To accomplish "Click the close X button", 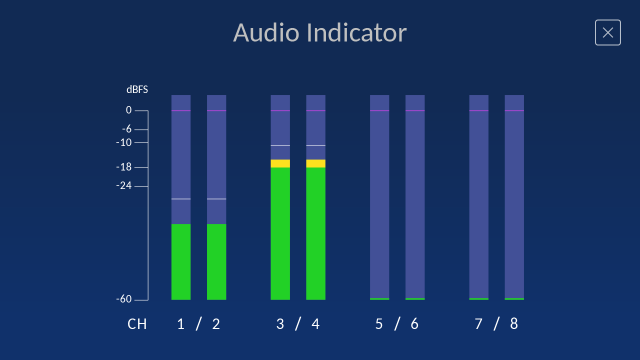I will coord(607,32).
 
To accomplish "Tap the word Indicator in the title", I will coord(356,32).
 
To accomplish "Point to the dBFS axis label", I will coord(137,89).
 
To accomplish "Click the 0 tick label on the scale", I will coord(129,110).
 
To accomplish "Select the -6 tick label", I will coord(127,129).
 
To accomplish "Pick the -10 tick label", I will coord(124,142).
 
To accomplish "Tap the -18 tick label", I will coord(124,167).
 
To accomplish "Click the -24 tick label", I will coord(124,185).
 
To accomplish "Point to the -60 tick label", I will coord(124,299).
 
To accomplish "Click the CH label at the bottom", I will coord(137,324).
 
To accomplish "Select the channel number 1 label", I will coord(180,324).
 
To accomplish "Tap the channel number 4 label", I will coord(315,324).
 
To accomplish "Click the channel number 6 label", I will coord(414,324).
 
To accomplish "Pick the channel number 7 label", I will coord(478,324).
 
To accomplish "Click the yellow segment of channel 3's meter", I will coord(280,163).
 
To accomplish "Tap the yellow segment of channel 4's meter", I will coord(315,163).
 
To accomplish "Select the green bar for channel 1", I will coord(180,261).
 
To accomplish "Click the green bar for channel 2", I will coord(216,261).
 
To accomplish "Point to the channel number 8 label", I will coord(514,324).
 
